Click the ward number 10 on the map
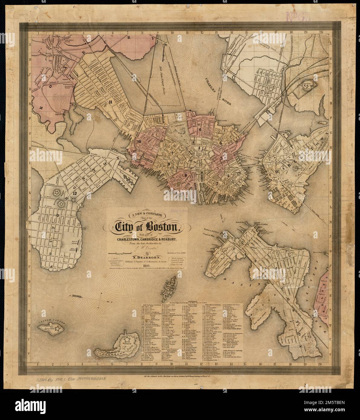tap(139, 141)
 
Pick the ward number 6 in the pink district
tap(200, 129)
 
